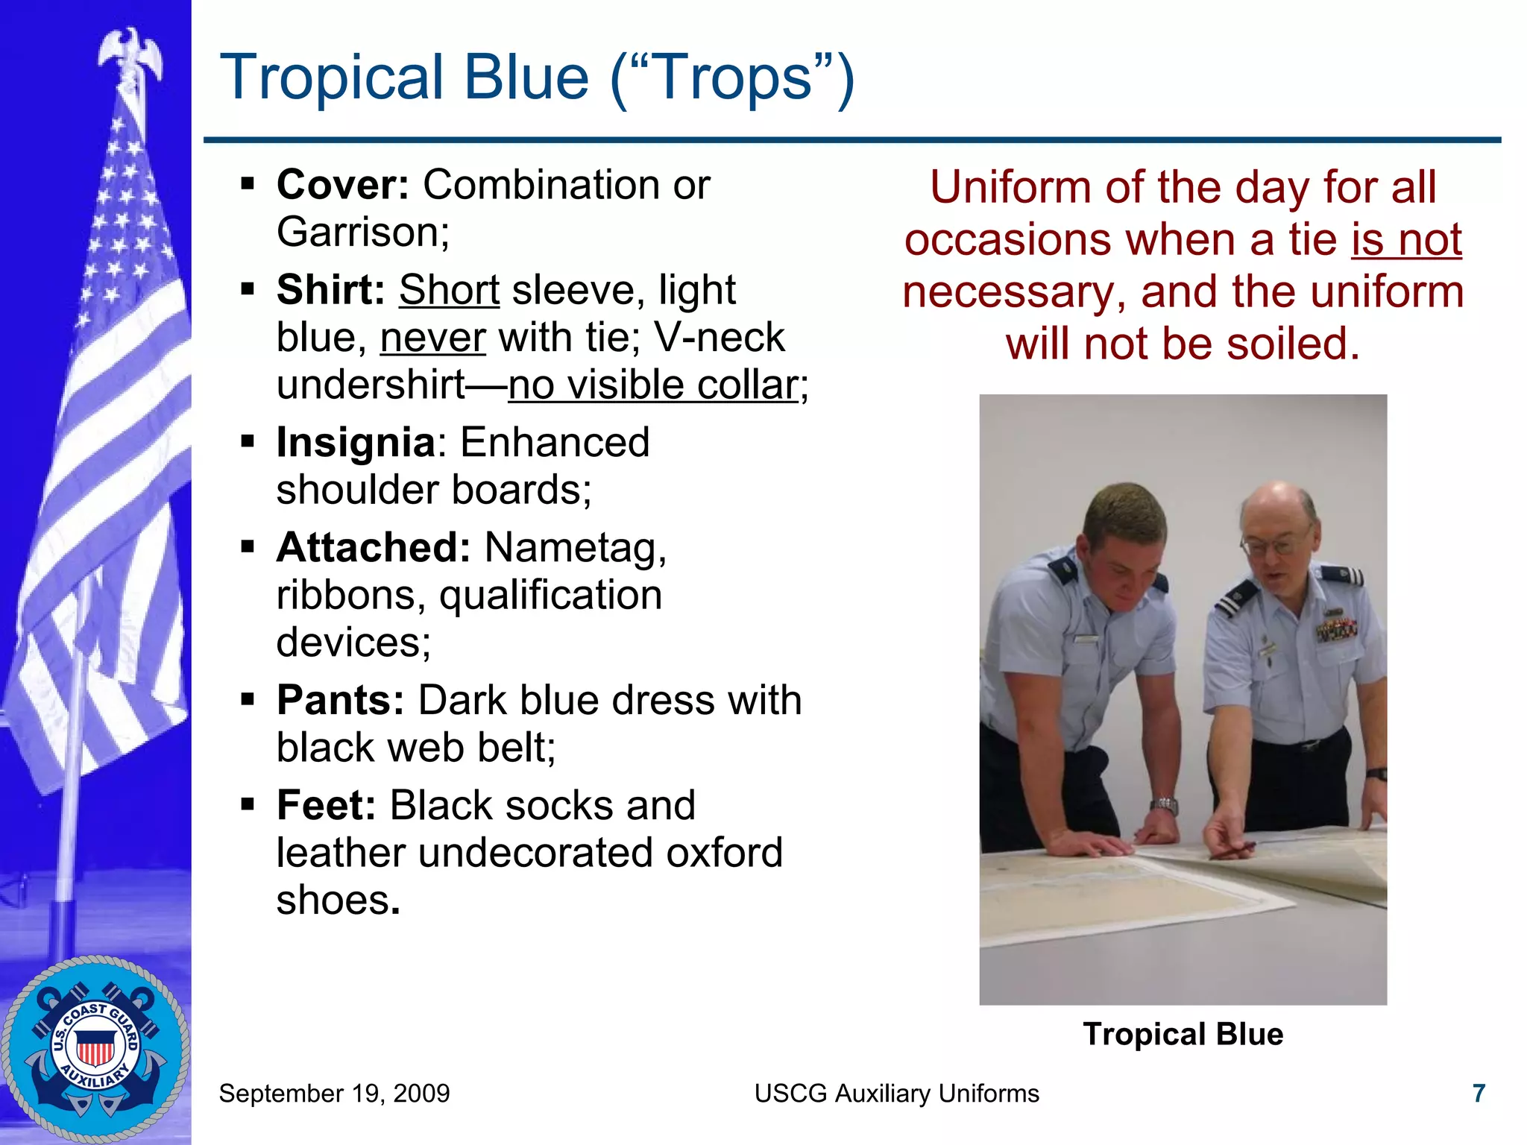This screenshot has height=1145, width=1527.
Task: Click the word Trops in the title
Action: pos(732,78)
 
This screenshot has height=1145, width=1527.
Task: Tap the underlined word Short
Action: pos(449,290)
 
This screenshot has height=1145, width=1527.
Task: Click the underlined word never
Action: pos(432,338)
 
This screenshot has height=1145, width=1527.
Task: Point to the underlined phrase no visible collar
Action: pos(652,385)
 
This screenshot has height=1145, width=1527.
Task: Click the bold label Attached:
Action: pos(373,547)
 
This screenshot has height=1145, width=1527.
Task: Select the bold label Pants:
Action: pos(340,700)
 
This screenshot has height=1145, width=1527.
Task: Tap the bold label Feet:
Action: pos(326,805)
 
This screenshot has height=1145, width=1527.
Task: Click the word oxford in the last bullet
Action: pos(724,853)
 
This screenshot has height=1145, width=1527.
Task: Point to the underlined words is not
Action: pos(1406,240)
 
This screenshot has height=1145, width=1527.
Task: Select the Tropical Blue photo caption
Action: pos(1183,1034)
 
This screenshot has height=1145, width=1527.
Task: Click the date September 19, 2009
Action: pos(334,1094)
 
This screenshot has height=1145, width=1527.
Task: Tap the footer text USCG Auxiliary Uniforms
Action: pos(896,1094)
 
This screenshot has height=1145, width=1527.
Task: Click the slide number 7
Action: pos(1479,1094)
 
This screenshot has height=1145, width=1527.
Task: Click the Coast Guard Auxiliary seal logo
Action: pos(95,1047)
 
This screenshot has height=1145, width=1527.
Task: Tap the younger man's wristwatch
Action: pos(1164,805)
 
